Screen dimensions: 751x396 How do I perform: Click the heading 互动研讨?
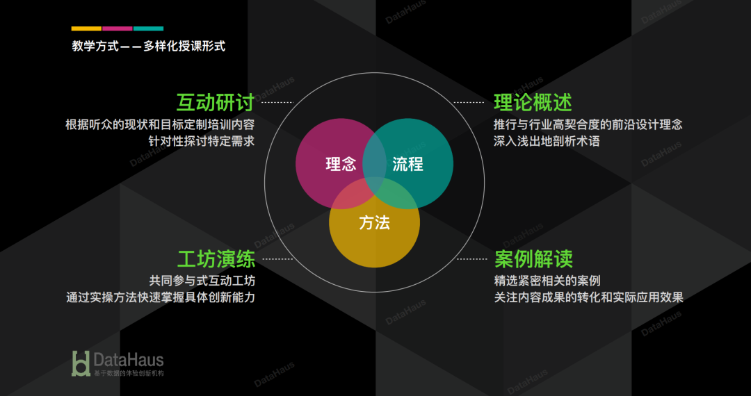215,102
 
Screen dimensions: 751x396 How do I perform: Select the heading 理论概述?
533,102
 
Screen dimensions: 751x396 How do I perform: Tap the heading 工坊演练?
216,259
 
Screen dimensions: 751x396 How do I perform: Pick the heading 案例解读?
533,259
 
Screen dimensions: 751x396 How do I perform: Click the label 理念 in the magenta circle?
341,165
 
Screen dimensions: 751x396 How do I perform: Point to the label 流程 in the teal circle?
407,165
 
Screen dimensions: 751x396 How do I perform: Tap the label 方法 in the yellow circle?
374,223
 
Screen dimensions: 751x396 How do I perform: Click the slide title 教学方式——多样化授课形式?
149,47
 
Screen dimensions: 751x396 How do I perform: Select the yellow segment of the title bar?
86,28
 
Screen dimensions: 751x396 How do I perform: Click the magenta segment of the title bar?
118,28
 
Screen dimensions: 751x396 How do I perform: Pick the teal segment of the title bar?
148,28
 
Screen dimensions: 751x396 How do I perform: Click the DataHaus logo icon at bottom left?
81,363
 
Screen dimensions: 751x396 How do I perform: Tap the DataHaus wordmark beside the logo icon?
129,359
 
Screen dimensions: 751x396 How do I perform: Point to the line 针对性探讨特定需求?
202,141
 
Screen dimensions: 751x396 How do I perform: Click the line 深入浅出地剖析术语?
547,141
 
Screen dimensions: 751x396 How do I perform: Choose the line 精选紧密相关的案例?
547,281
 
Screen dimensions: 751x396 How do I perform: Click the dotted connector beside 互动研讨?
276,102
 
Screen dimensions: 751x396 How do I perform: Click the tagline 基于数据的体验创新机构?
129,373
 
